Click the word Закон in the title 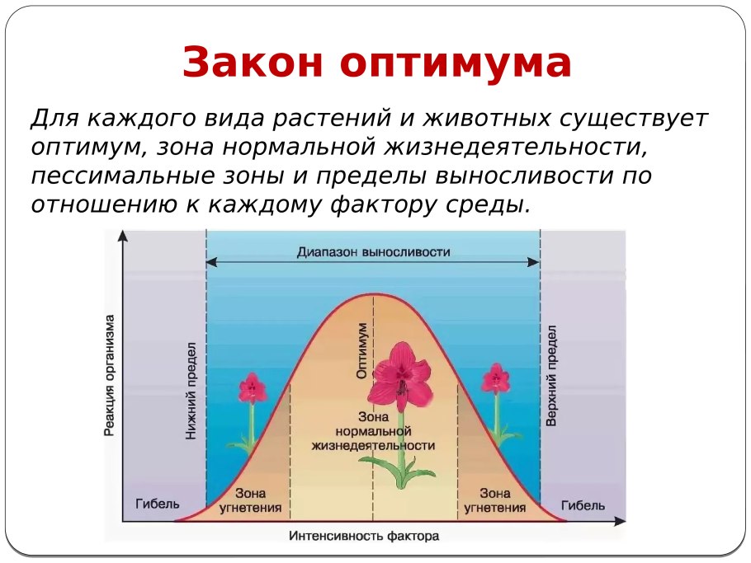253,62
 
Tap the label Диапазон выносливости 374,251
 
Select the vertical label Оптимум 362,350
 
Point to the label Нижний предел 191,391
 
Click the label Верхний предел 551,376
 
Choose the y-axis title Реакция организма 109,376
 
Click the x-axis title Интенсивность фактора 364,536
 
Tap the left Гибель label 158,504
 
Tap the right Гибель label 583,505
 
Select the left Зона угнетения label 251,500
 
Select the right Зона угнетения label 495,500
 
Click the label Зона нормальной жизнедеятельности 373,431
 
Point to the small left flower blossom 252,388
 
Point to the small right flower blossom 495,378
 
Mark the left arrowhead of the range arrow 211,262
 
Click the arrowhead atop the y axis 123,236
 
